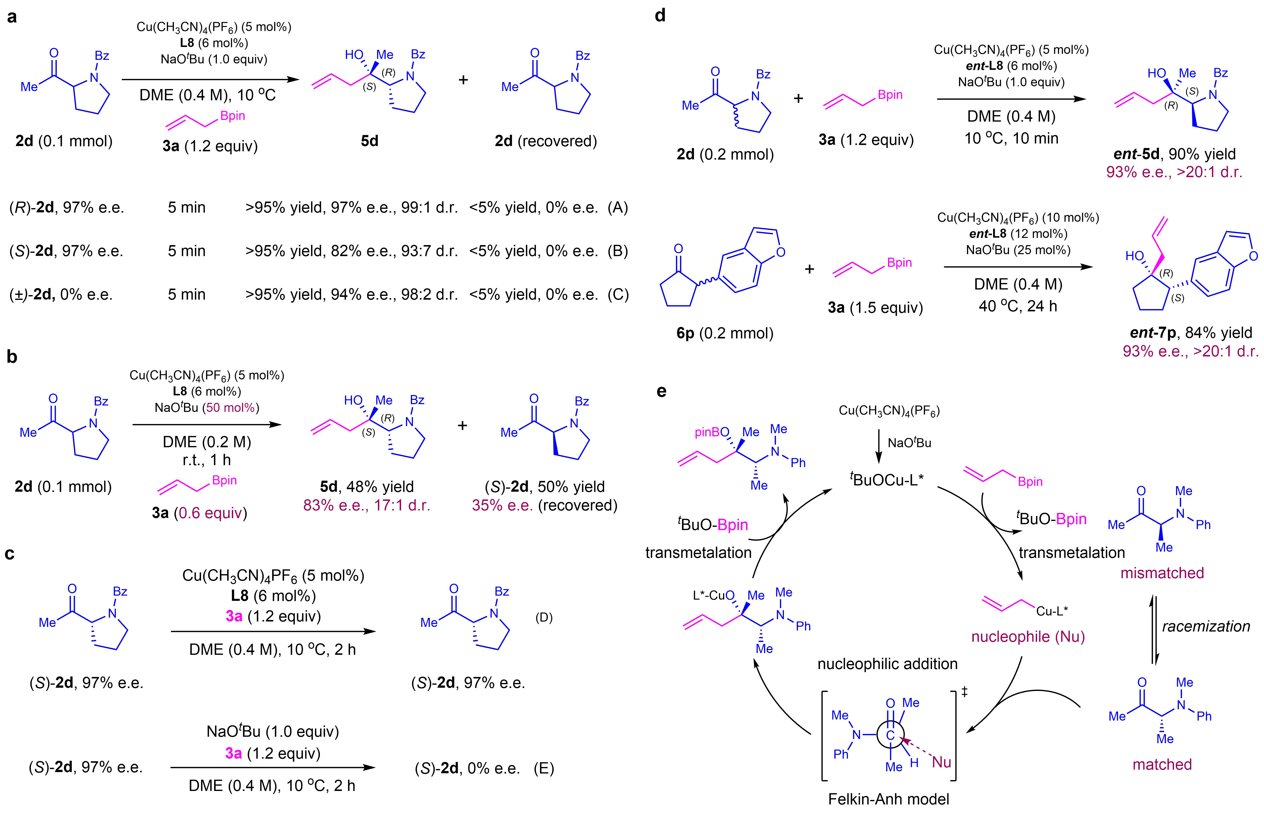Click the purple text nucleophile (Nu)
coord(1028,637)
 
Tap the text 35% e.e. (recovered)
coord(545,505)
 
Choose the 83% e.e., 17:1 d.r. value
coord(367,505)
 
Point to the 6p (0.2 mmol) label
coord(725,333)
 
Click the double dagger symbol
coord(964,692)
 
